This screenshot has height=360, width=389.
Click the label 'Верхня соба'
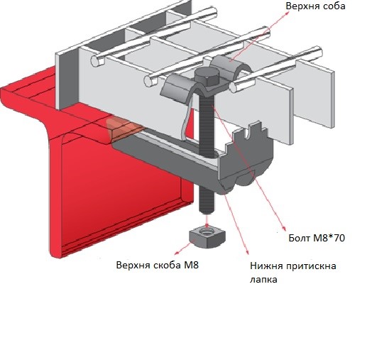[315, 6]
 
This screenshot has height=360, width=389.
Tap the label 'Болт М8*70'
[317, 238]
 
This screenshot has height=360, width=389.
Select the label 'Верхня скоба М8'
[158, 266]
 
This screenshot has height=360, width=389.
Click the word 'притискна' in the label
[311, 266]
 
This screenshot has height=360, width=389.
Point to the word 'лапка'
[263, 280]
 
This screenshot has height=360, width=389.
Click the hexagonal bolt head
[207, 77]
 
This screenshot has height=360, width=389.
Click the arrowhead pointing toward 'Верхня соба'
[287, 12]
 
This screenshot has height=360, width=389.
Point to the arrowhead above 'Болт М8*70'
[284, 229]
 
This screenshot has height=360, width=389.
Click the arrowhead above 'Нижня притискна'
[247, 252]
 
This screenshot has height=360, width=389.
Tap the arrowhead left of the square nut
[176, 253]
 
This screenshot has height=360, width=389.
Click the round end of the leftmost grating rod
[97, 61]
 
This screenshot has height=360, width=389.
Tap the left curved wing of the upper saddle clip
[177, 87]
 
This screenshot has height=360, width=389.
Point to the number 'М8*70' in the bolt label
[329, 238]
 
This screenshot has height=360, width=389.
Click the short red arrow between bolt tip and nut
[207, 220]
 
